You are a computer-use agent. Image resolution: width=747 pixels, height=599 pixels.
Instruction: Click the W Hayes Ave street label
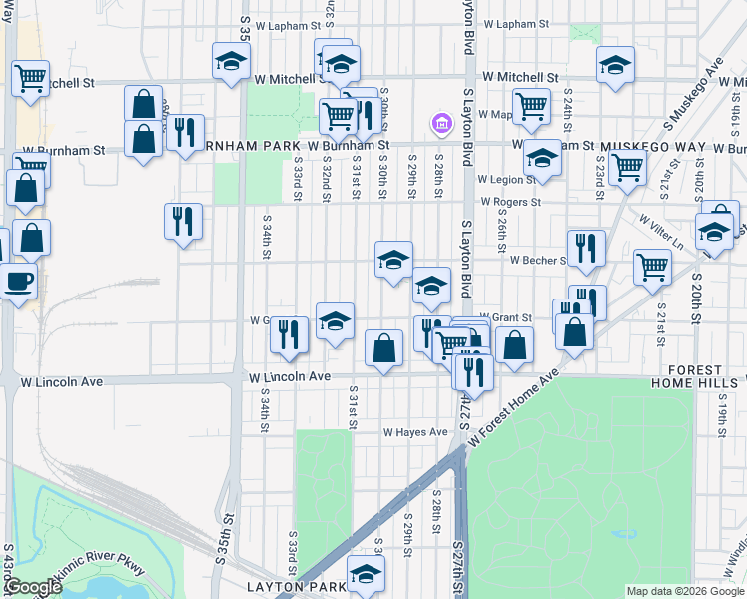(x=416, y=432)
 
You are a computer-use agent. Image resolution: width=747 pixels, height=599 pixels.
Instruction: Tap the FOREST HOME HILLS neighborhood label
(x=698, y=376)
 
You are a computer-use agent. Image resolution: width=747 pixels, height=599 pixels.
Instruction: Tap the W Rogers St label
(x=510, y=201)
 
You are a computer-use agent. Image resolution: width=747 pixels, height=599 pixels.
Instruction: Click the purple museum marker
(x=439, y=124)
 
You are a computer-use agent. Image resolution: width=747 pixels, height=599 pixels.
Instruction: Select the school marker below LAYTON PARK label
(x=366, y=574)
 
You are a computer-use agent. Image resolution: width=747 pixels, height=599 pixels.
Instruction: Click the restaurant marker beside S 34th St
(x=183, y=223)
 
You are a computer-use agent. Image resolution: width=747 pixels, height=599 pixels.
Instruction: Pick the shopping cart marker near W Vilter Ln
(x=651, y=268)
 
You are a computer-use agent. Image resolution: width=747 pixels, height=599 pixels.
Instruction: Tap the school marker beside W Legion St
(x=543, y=159)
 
